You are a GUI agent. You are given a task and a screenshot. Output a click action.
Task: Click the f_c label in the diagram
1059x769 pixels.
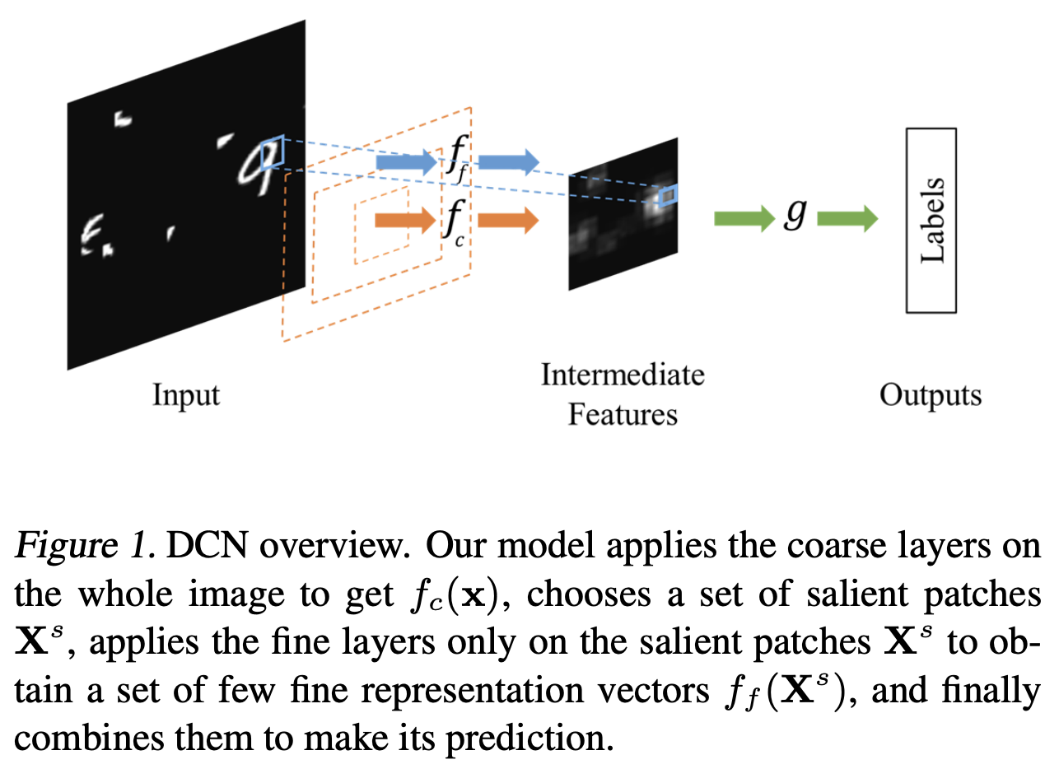[x=455, y=221]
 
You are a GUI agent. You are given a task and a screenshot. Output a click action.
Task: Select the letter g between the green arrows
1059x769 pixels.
[x=793, y=217]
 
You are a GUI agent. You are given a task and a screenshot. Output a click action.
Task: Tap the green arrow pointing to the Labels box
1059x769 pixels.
[x=847, y=219]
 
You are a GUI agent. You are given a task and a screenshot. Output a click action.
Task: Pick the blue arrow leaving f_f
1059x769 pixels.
[x=507, y=162]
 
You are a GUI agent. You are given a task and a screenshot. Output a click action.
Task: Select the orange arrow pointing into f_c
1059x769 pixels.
[x=404, y=220]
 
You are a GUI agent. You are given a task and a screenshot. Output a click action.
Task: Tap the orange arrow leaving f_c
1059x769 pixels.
[x=507, y=220]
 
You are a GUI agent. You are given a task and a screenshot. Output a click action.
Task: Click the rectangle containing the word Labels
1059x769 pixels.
[x=931, y=220]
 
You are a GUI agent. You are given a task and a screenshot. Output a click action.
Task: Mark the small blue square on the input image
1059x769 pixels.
[x=272, y=153]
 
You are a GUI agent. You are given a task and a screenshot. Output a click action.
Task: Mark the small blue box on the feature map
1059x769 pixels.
[x=668, y=195]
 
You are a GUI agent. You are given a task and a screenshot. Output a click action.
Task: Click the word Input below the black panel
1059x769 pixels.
[x=186, y=395]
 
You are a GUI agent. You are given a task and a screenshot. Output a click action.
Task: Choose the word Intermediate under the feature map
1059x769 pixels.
[x=623, y=375]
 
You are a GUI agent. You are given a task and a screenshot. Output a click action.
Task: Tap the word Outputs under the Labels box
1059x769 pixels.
[x=931, y=395]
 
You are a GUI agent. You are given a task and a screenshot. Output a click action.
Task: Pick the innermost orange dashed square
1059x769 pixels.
[x=381, y=225]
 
